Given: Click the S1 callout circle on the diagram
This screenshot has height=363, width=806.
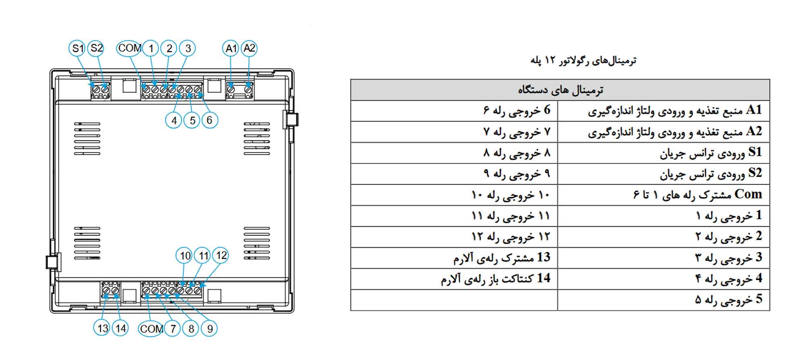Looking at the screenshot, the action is click(77, 48).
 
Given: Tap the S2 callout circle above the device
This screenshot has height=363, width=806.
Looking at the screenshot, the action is click(96, 48).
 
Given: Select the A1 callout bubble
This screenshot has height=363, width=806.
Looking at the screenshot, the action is click(231, 48).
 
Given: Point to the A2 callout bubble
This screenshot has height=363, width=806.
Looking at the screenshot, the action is click(249, 48).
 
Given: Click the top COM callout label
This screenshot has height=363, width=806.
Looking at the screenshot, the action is click(130, 48).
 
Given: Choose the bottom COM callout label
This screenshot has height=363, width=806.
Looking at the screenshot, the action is click(151, 329).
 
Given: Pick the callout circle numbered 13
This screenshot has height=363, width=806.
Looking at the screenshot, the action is click(102, 328).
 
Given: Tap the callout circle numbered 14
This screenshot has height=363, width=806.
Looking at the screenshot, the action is click(120, 328).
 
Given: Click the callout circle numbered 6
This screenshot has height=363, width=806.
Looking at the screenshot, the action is click(210, 120).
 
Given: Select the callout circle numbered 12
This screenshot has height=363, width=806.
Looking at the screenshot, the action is click(221, 255).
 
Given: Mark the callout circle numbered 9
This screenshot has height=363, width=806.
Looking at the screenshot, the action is click(210, 329).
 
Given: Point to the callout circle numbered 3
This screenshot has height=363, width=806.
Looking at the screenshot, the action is click(187, 48).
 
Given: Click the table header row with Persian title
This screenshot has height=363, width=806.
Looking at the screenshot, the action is click(560, 90).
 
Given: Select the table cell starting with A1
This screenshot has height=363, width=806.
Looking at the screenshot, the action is click(664, 111).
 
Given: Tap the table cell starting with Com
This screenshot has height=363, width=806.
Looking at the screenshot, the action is click(664, 195).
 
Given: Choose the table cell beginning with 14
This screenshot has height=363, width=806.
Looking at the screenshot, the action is click(454, 279).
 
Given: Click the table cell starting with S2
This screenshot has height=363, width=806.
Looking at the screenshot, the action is click(664, 174).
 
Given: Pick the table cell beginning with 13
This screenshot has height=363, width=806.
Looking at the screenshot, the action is click(454, 258).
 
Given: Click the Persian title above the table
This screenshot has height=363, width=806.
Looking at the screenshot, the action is click(583, 60).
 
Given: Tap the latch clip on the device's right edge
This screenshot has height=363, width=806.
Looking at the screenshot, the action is click(291, 120).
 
